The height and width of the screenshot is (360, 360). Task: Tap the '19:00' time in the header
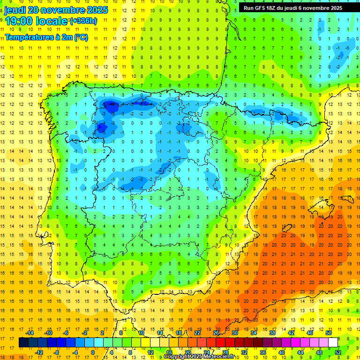click(17, 21)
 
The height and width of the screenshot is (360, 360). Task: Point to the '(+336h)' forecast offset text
click(83, 21)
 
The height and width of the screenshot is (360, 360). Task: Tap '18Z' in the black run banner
click(276, 8)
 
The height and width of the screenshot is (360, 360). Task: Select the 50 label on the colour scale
click(329, 332)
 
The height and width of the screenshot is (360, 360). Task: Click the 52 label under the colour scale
click(338, 352)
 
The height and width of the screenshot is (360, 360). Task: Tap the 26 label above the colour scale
click(216, 332)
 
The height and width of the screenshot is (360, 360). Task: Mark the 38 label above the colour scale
click(272, 332)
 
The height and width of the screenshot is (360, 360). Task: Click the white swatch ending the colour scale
click(333, 343)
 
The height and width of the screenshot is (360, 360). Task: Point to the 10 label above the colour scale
click(141, 332)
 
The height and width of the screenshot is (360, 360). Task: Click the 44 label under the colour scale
click(300, 352)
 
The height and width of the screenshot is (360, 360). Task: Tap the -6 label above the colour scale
click(66, 332)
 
